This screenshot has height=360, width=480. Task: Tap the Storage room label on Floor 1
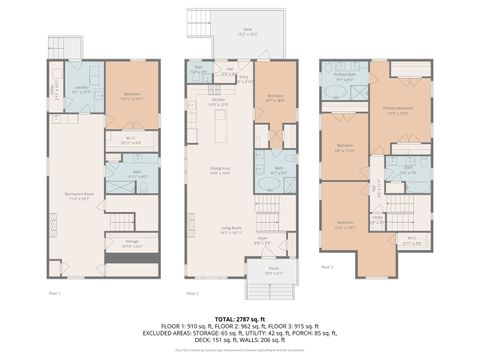tap(131, 242)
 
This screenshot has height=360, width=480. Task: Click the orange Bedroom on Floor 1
tap(132, 96)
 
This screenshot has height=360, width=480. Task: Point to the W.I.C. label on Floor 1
tap(130, 140)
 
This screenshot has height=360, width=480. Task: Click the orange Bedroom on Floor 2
tap(276, 97)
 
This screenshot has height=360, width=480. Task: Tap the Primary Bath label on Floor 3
tap(345, 76)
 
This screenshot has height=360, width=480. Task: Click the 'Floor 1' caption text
tap(55, 293)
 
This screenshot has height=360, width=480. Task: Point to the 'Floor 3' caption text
tap(327, 267)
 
